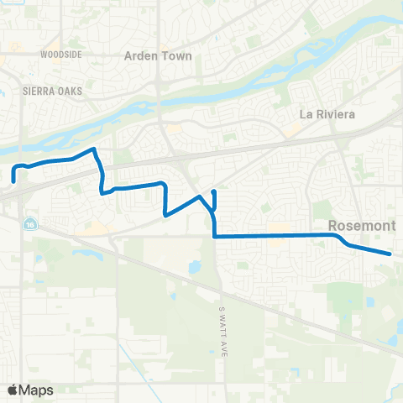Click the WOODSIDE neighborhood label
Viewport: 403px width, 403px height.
[x=60, y=54]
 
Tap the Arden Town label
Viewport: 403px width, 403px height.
[x=158, y=56]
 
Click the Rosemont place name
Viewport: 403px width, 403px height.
[x=357, y=225]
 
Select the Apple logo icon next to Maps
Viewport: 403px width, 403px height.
[x=13, y=390]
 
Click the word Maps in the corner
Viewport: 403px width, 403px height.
[x=36, y=390]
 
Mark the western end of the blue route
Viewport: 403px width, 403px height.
[x=13, y=180]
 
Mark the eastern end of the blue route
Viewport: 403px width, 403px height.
[x=390, y=253]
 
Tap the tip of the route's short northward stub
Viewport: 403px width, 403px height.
[x=215, y=191]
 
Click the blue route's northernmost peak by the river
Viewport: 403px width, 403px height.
[x=95, y=149]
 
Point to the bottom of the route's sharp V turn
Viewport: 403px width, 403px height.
[x=166, y=215]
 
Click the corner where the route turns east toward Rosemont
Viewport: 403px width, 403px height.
[x=216, y=237]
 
